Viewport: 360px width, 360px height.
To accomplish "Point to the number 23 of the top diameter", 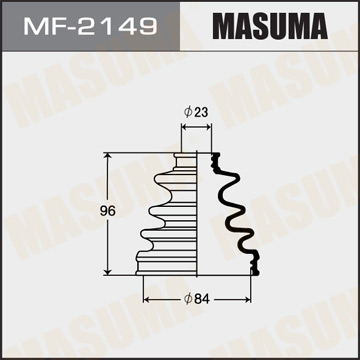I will [203, 112].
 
